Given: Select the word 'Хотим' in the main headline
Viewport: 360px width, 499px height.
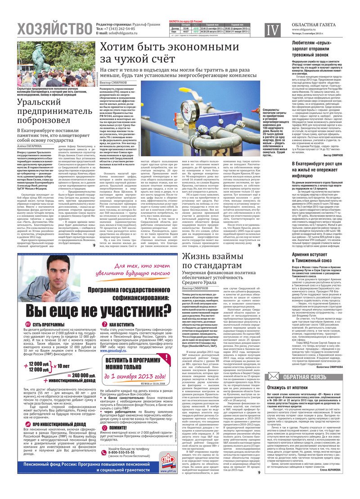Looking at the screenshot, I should point(120,47).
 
